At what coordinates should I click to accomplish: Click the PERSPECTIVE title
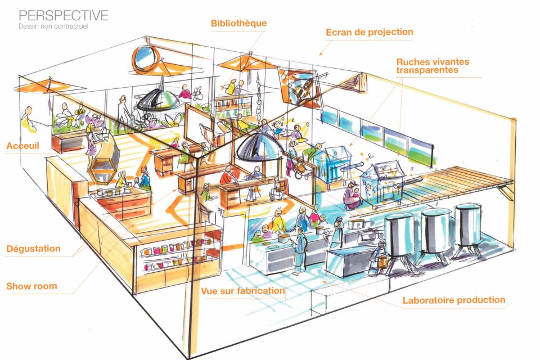click(64, 15)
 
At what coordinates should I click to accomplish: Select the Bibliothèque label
click(238, 24)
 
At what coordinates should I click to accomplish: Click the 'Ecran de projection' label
click(369, 32)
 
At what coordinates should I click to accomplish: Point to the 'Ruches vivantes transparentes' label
click(432, 66)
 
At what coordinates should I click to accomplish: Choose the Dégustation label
click(33, 249)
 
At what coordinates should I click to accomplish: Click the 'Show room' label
click(31, 286)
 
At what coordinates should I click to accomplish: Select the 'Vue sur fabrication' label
click(242, 291)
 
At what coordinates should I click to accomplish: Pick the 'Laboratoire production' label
click(454, 300)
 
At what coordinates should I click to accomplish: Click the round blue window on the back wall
click(146, 58)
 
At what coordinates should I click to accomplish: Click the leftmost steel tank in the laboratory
click(400, 236)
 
